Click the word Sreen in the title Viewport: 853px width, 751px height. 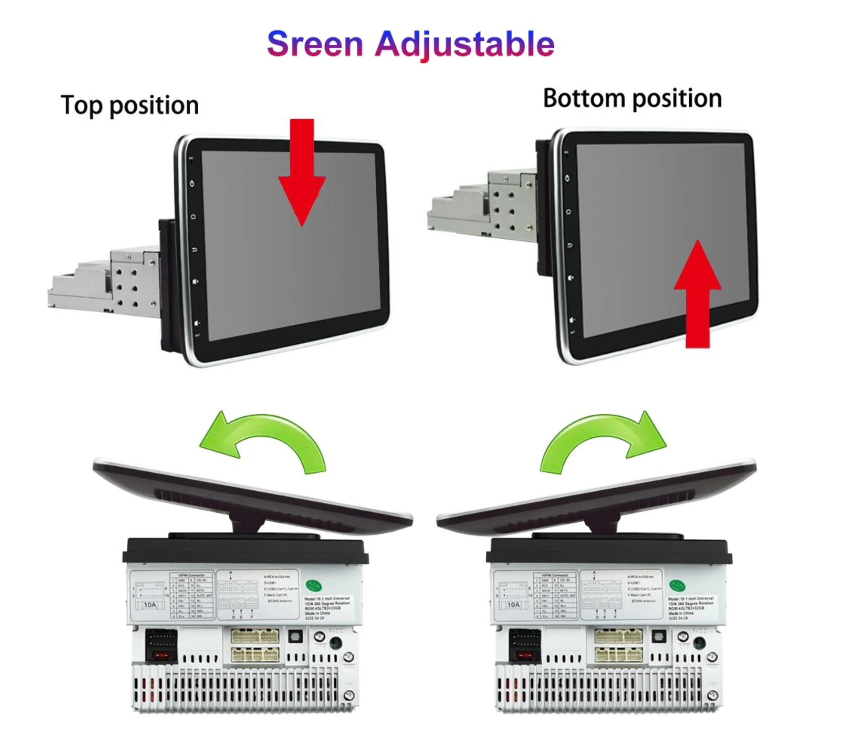coord(315,44)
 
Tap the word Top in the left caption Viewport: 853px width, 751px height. coord(81,105)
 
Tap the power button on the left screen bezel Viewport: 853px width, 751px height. coord(192,183)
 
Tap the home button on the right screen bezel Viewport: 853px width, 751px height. coord(568,211)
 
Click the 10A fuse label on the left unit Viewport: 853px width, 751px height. coord(150,605)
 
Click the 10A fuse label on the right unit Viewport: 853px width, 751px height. coord(514,605)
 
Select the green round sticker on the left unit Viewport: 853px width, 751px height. coord(314,585)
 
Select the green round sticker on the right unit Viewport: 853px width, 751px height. coord(677,585)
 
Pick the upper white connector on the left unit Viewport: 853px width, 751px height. coord(255,636)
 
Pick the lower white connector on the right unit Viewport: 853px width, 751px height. coord(618,655)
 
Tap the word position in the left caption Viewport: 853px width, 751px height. coord(154,106)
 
